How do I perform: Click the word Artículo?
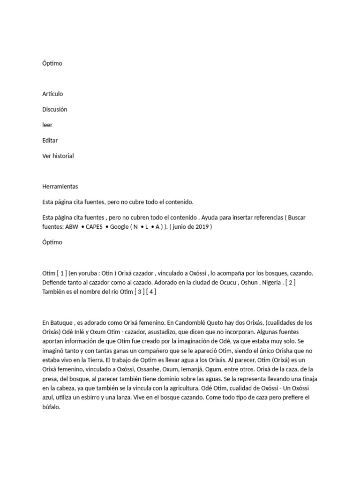pos(52,94)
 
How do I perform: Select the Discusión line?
pos(55,109)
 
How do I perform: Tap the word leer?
pos(47,125)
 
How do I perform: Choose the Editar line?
pos(50,140)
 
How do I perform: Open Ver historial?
pos(58,156)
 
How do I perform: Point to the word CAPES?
pos(94,226)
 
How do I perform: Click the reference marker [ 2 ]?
pos(290,283)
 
